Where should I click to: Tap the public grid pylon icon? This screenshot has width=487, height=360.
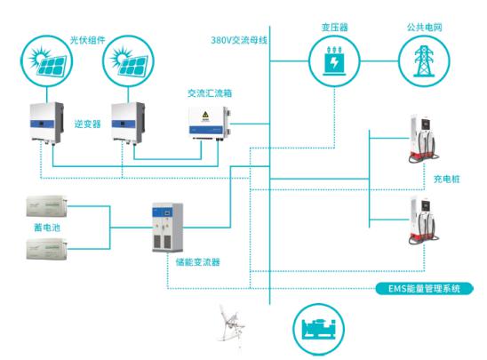click(424, 60)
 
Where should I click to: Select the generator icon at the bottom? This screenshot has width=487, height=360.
click(319, 329)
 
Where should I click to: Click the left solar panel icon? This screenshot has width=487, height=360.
click(46, 60)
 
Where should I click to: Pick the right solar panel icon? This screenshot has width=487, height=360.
click(128, 60)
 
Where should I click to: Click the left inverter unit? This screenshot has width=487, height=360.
click(47, 123)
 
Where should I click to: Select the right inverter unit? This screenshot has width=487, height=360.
click(128, 123)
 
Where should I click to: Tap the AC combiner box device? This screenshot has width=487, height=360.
click(211, 124)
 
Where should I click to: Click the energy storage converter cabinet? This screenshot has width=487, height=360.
click(167, 228)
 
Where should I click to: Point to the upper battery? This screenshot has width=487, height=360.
click(46, 206)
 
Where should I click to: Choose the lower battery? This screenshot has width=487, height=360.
click(46, 249)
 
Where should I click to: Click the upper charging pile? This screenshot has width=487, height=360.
click(423, 139)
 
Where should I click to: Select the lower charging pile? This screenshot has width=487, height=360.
click(423, 220)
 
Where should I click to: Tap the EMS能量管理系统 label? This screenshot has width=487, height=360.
click(424, 289)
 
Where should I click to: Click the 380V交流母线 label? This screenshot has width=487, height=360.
click(239, 40)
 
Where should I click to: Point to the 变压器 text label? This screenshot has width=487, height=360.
click(334, 28)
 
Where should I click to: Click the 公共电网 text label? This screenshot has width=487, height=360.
click(424, 28)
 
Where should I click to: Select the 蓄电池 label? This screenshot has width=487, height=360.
click(47, 228)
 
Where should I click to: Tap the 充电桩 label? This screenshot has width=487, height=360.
click(447, 179)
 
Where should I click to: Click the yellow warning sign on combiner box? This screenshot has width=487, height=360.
click(205, 115)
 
